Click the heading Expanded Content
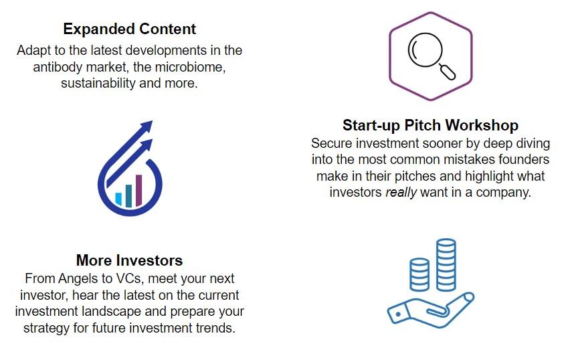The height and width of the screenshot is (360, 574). point(129,29)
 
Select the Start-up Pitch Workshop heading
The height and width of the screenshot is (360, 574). point(430,125)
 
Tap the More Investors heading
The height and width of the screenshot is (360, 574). point(129,260)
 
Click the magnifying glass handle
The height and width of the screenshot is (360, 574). point(448,72)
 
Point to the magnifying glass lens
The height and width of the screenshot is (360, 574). point(425,50)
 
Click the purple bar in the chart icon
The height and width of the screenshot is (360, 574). point(138,191)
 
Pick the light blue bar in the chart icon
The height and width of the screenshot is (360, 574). point(118,199)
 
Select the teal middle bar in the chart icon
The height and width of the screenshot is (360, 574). point(128,195)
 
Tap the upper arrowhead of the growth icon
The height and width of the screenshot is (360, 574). point(146,126)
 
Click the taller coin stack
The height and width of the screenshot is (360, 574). point(446,265)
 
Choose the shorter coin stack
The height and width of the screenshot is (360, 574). point(419,274)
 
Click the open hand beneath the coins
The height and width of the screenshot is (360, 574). point(431,310)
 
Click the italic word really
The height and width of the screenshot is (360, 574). point(401,192)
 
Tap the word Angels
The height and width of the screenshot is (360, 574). point(80,278)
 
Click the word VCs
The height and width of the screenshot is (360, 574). point(128,278)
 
